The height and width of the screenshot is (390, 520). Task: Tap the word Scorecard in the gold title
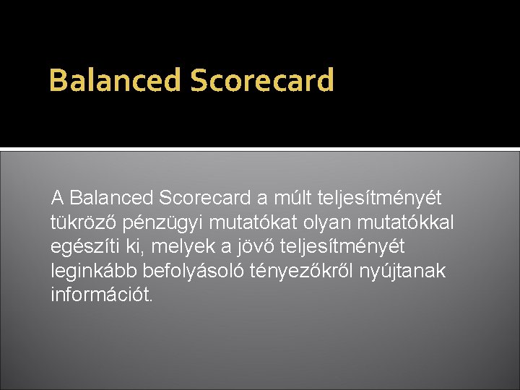(x=262, y=81)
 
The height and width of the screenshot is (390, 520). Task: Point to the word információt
(x=102, y=295)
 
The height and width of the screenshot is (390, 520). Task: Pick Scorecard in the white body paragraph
(x=204, y=197)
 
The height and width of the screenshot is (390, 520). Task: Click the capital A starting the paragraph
(x=58, y=197)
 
